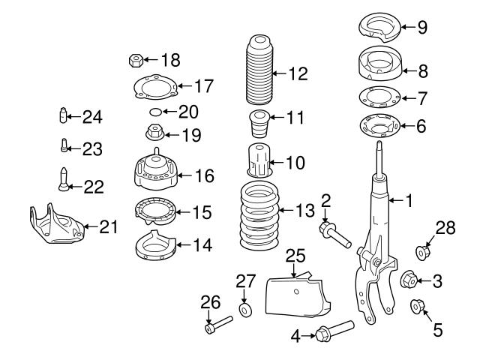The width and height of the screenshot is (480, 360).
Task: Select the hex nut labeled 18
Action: (137, 58)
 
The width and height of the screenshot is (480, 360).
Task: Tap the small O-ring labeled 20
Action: (154, 112)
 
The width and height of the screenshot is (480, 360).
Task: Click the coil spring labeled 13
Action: (257, 217)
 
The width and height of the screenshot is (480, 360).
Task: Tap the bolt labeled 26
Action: (217, 327)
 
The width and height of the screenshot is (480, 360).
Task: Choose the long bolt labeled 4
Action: (334, 332)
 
